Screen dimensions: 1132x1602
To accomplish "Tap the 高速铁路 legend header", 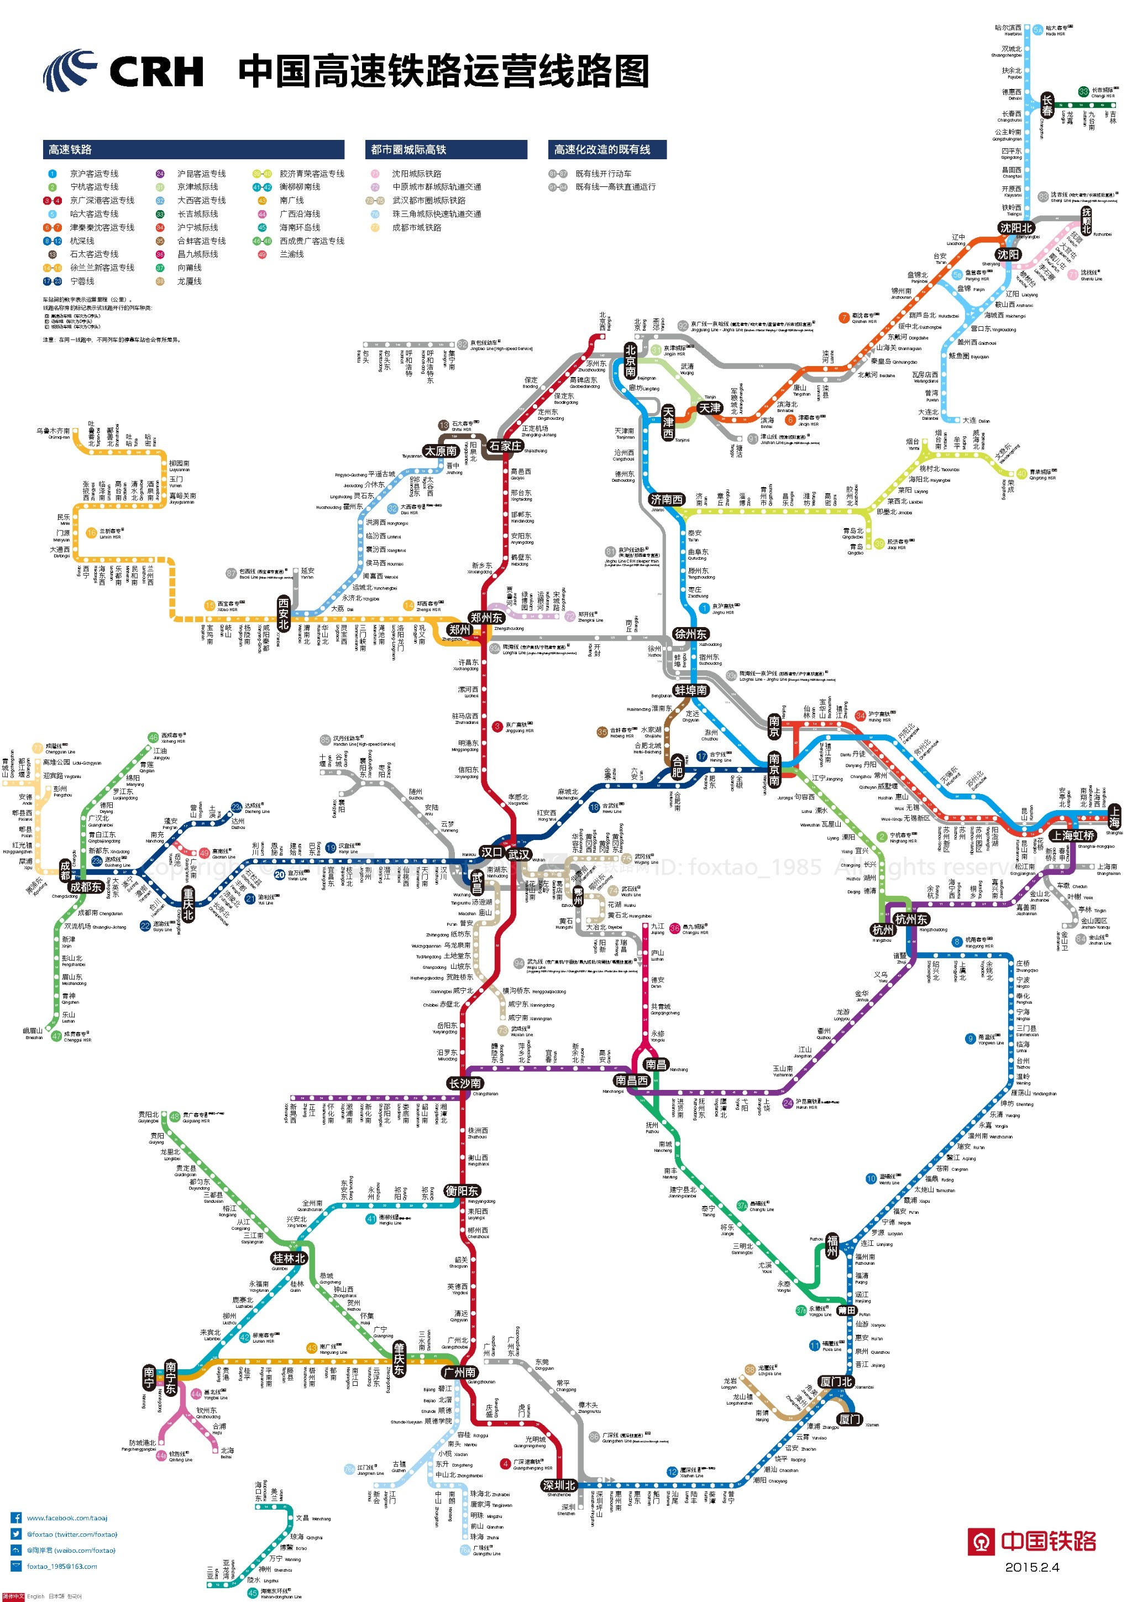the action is click(x=70, y=149).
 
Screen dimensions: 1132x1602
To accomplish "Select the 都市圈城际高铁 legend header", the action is click(x=408, y=149).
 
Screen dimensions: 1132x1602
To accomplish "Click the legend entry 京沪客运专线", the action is click(x=94, y=174).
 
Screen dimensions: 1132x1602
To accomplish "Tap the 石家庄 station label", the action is click(x=505, y=446).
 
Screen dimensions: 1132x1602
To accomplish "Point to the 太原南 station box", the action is click(x=441, y=451).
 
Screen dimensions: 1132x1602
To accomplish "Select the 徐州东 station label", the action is click(x=690, y=634).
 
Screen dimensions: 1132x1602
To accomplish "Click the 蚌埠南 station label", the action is click(x=690, y=690).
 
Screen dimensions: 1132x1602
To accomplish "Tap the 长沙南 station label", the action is click(x=464, y=1083).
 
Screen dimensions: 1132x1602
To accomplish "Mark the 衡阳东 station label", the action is click(x=462, y=1191).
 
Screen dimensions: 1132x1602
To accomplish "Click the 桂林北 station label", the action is click(x=289, y=1258).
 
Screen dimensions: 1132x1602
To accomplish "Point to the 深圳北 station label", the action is click(x=559, y=1485).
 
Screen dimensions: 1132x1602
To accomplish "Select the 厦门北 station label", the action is click(x=836, y=1381).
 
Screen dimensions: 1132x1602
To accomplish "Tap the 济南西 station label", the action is click(x=666, y=499).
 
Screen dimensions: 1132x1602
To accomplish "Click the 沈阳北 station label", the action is click(x=1015, y=228).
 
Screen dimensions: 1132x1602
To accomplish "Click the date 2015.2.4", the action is click(x=1031, y=1567).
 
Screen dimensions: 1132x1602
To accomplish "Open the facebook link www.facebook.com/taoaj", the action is click(x=67, y=1517).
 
